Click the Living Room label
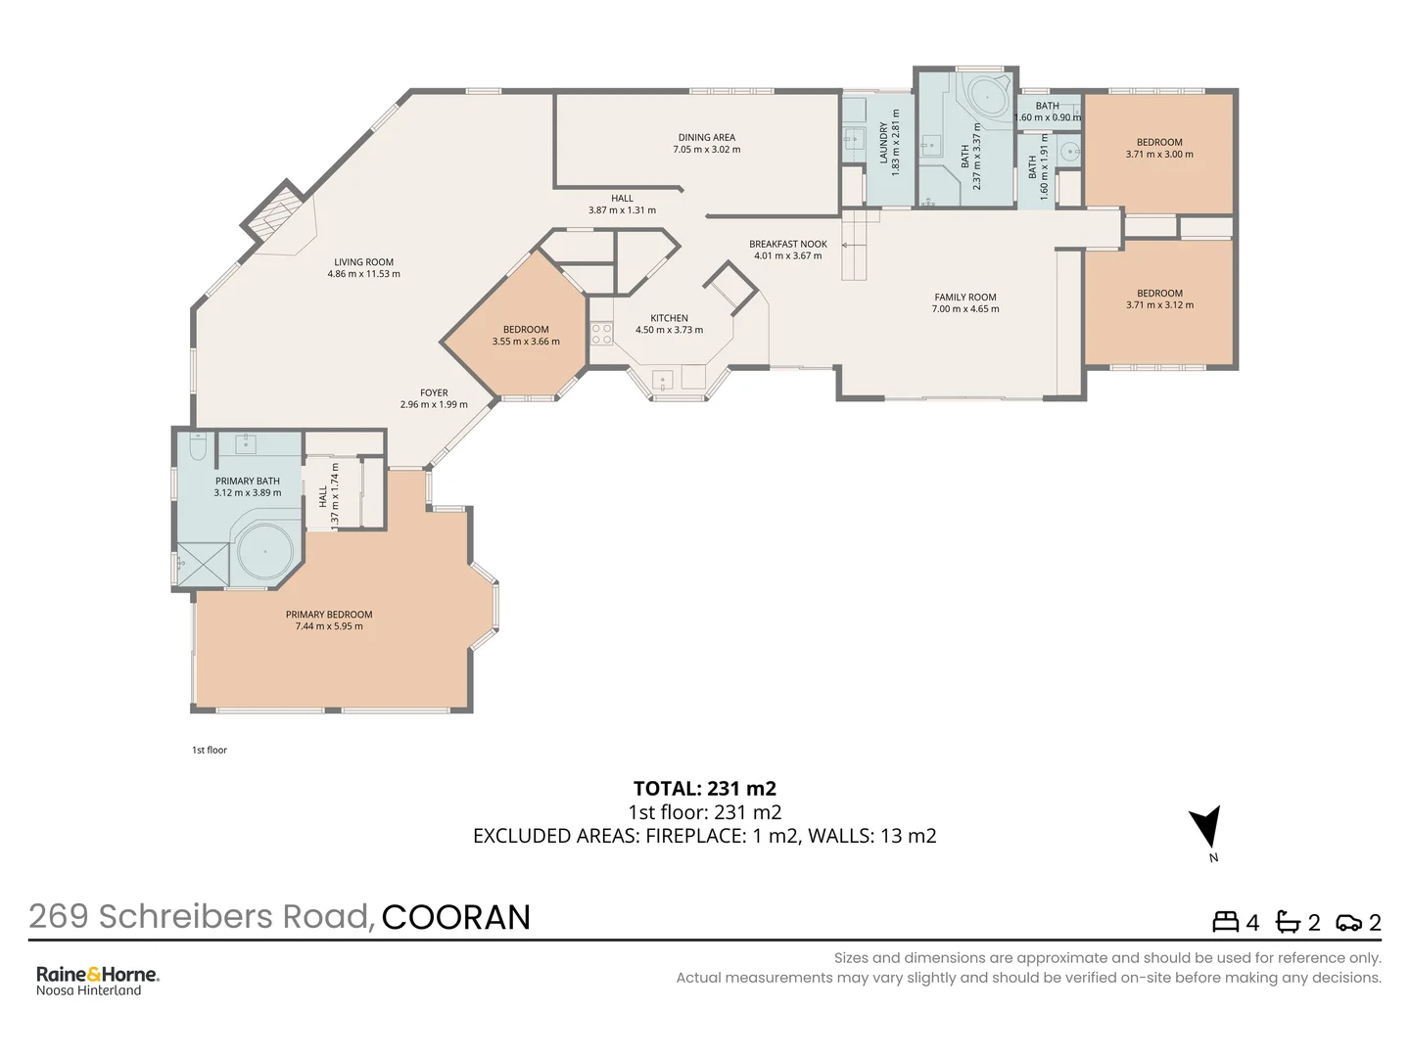(363, 262)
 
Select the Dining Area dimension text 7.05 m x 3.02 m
(706, 150)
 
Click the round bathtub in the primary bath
(265, 552)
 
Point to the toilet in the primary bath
(198, 447)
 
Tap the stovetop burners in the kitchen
(601, 334)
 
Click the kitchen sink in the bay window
(663, 380)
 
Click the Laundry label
(883, 143)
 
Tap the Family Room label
(964, 298)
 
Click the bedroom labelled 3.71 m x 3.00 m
(1159, 149)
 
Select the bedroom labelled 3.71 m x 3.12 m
(1159, 299)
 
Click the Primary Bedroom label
(329, 615)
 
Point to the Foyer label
(434, 392)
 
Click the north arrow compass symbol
(1208, 828)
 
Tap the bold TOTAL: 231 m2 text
(704, 788)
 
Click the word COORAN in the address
(455, 917)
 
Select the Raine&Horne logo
(97, 975)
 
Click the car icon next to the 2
(1348, 923)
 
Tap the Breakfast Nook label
(787, 245)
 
